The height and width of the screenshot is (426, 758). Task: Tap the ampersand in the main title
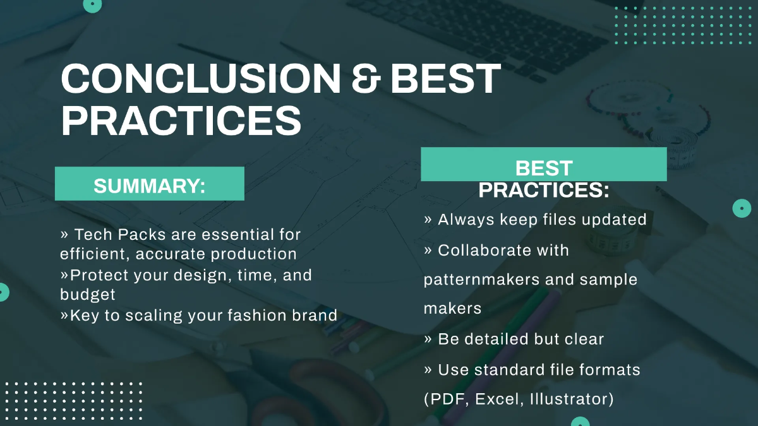[x=365, y=80]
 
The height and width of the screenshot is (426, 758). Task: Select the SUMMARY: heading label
[x=150, y=186]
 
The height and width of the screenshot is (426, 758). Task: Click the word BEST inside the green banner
[x=544, y=169]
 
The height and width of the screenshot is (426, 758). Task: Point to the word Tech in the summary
[x=92, y=235]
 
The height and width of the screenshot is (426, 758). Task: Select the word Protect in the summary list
[x=98, y=275]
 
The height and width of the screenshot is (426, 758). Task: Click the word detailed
[x=496, y=339]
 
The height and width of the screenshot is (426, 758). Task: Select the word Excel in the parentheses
[x=497, y=399]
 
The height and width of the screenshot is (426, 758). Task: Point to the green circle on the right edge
[x=741, y=208]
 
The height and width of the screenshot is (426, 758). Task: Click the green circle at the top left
[x=93, y=4]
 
